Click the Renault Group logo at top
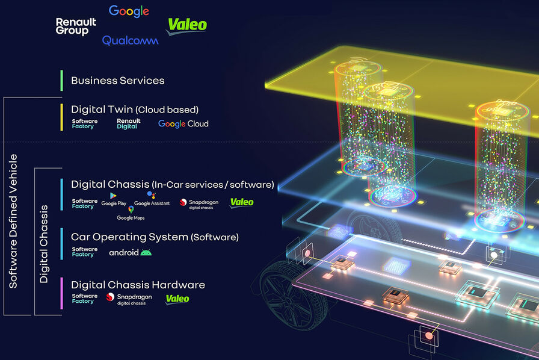point(72,26)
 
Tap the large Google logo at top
point(129,11)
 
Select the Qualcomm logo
point(130,40)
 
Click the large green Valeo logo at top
point(186,25)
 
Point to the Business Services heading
point(117,80)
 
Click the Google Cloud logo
point(183,123)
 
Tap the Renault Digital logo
point(128,123)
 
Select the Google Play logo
point(113,199)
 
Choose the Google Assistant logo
point(152,199)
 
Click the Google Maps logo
point(131,214)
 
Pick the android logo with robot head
point(130,252)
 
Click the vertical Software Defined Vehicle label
point(14,221)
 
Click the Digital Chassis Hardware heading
point(138,285)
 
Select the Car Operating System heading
point(155,237)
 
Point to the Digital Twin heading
point(135,110)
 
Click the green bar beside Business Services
point(61,80)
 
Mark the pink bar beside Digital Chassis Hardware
point(61,293)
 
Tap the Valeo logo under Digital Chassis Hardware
point(177,299)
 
